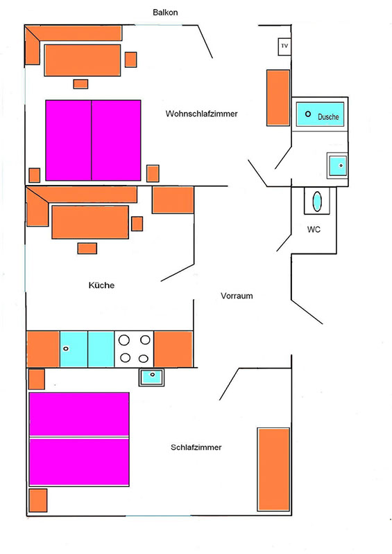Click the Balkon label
(x=165, y=12)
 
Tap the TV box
(x=284, y=46)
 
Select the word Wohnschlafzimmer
(x=201, y=114)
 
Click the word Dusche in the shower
(x=328, y=116)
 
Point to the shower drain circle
(x=308, y=114)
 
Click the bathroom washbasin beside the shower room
(x=337, y=166)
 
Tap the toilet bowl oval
(x=317, y=202)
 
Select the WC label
(x=314, y=229)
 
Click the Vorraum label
(x=237, y=296)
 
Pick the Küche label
(x=101, y=285)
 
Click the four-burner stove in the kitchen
(x=134, y=349)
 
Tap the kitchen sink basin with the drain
(x=74, y=349)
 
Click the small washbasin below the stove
(x=151, y=377)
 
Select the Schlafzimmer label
(x=196, y=447)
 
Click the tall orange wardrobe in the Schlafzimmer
(x=273, y=470)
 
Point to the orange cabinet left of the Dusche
(x=278, y=98)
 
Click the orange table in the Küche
(x=90, y=222)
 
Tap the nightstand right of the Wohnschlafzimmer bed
(x=153, y=173)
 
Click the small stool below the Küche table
(x=87, y=249)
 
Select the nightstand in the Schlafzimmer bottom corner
(x=38, y=500)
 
